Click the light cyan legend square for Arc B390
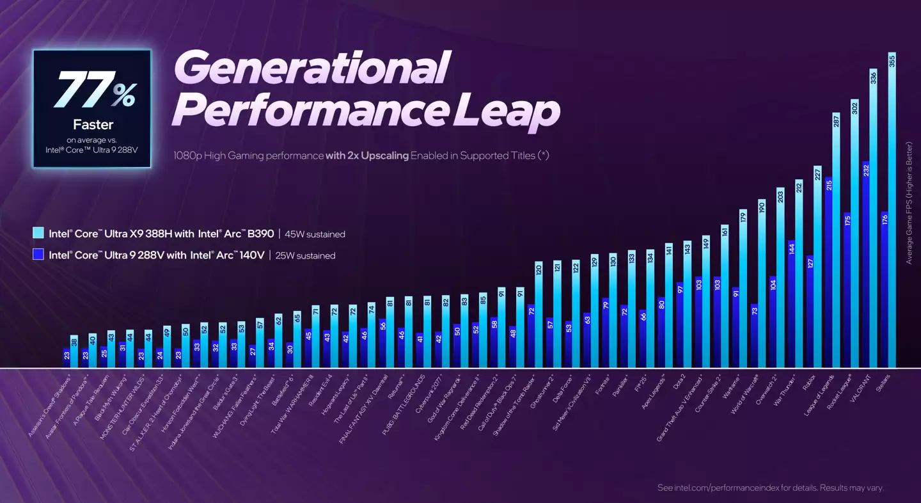pyautogui.click(x=38, y=234)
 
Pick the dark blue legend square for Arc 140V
pyautogui.click(x=38, y=255)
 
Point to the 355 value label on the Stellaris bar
pyautogui.click(x=892, y=61)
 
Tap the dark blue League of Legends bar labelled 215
pyautogui.click(x=828, y=272)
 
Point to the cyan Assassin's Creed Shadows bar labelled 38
pyautogui.click(x=74, y=351)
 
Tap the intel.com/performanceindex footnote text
pyautogui.click(x=770, y=488)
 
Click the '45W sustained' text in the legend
pyautogui.click(x=318, y=234)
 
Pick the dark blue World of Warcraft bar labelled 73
pyautogui.click(x=754, y=335)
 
